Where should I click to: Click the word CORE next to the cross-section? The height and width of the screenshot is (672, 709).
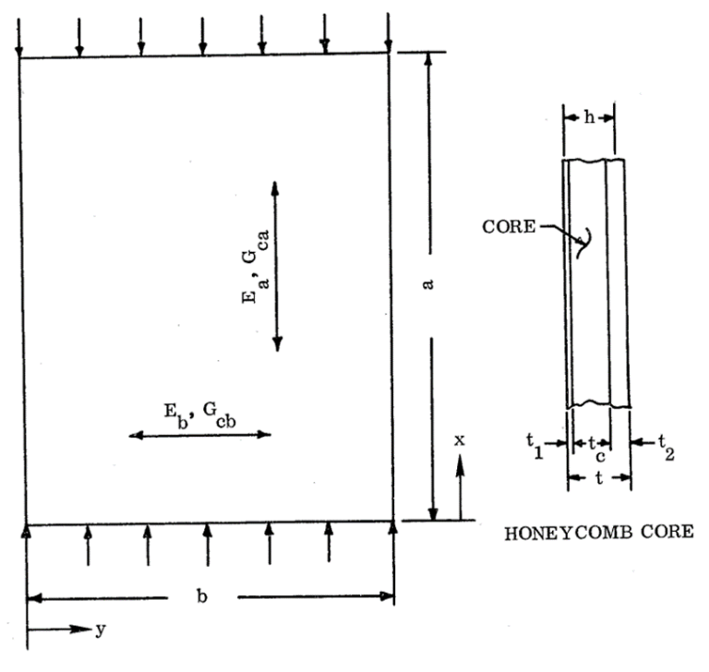point(510,226)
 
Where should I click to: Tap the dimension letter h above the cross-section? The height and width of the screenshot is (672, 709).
point(588,118)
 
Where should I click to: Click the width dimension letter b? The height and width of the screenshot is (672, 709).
point(202,597)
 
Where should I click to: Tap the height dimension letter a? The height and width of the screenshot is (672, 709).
point(429,287)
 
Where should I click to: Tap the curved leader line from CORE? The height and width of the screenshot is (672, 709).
point(579,242)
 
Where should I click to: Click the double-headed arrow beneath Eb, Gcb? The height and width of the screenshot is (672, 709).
point(200,434)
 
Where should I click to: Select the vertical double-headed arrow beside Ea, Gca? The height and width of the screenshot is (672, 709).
point(276,268)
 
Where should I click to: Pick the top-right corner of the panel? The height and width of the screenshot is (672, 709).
point(391,59)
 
